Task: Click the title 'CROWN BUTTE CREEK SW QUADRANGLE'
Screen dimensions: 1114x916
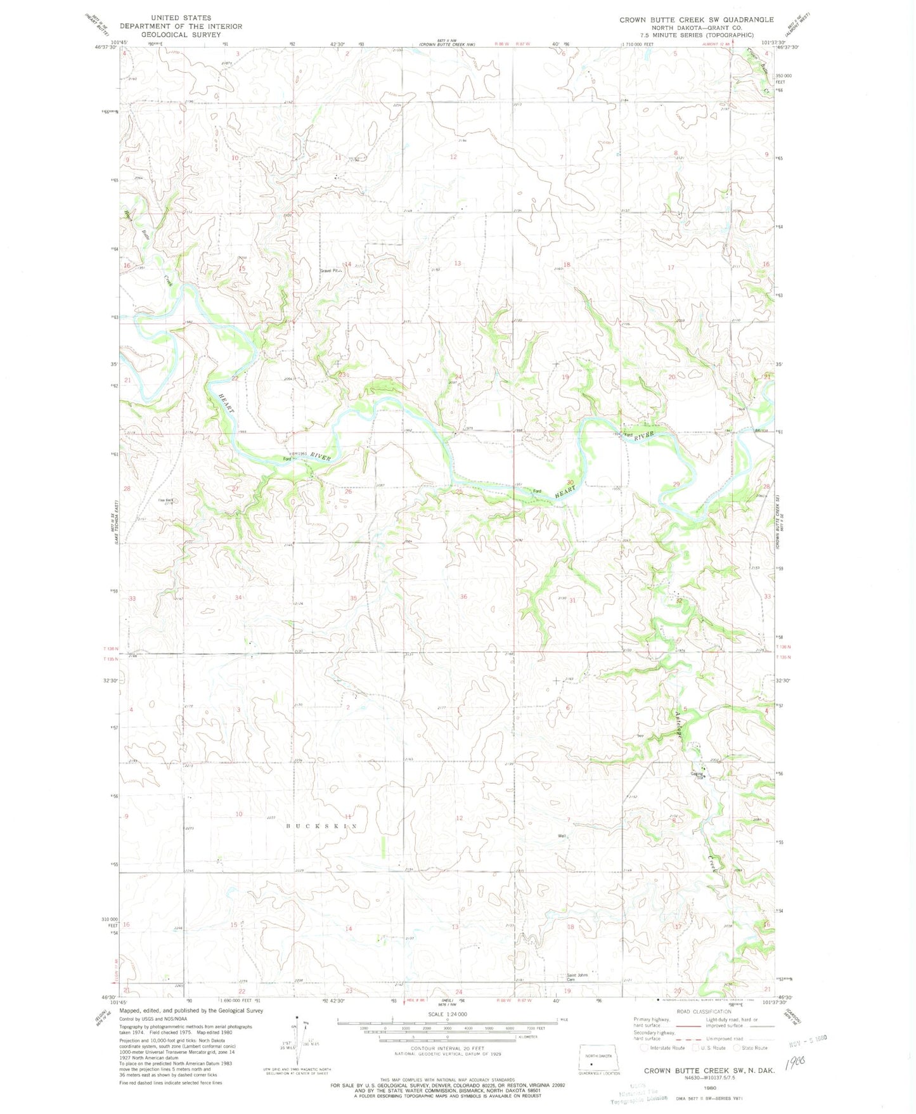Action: tap(696, 20)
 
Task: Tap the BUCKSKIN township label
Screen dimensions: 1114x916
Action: tap(321, 826)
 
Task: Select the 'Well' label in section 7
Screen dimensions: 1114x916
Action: tap(562, 836)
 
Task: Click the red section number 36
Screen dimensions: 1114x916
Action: tap(463, 597)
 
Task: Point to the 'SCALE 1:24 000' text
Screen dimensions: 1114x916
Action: tap(448, 1014)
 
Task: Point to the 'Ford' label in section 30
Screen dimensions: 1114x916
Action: tap(536, 491)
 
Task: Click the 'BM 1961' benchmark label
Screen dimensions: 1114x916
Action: tap(298, 453)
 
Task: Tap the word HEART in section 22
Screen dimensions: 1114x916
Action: tap(226, 403)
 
